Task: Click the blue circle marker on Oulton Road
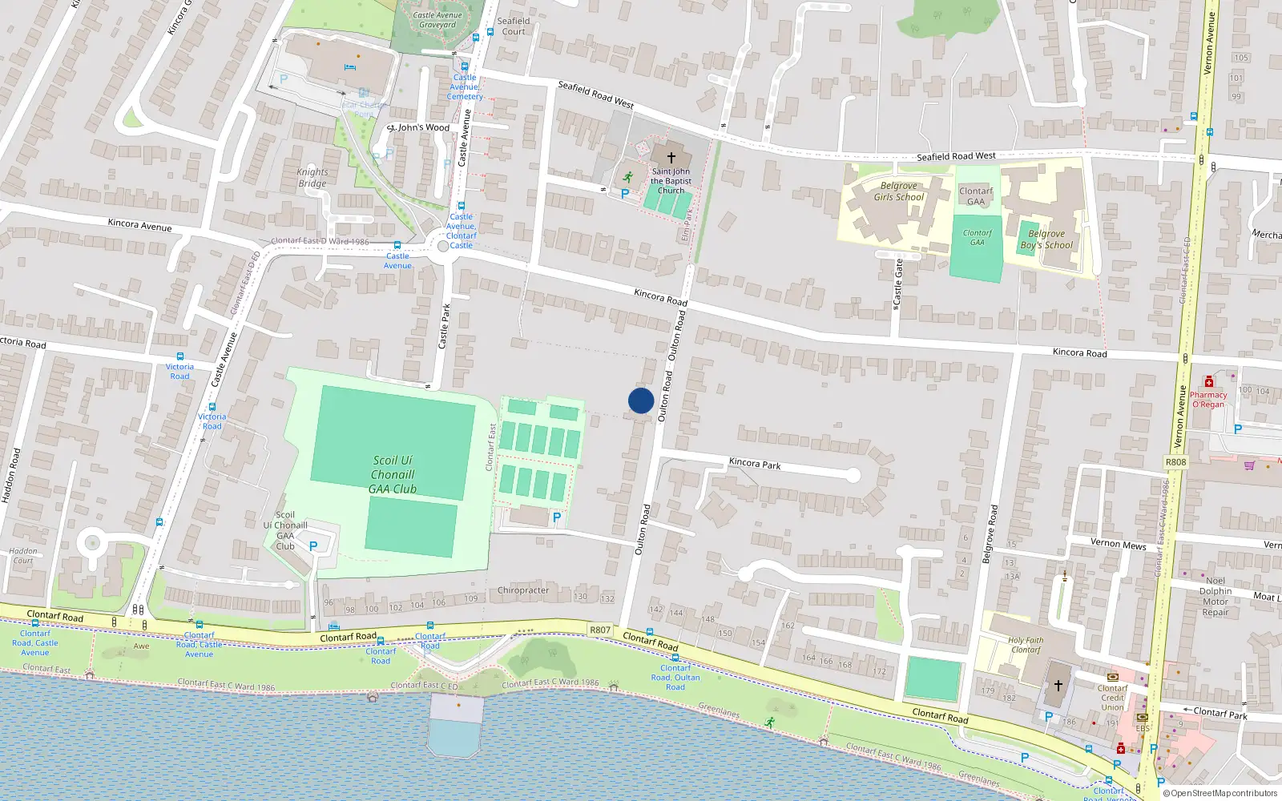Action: point(641,400)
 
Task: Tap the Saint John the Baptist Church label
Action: point(671,181)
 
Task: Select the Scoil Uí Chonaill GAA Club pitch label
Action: point(393,474)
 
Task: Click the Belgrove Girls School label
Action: point(898,191)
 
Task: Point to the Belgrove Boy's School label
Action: point(1046,239)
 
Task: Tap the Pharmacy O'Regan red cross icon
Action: point(1209,382)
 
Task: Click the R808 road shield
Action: point(1175,462)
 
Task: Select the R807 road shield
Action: point(600,630)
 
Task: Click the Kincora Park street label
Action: point(755,463)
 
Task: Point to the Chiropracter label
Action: point(523,590)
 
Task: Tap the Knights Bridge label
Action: point(312,177)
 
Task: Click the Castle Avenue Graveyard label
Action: point(437,19)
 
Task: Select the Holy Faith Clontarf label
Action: point(1026,645)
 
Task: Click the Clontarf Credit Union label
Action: point(1112,697)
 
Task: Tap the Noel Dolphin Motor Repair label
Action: point(1215,596)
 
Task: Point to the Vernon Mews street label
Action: point(1118,544)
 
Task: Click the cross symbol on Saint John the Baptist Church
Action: point(671,158)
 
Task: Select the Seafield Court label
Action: point(514,26)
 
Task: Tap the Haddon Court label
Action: point(23,555)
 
